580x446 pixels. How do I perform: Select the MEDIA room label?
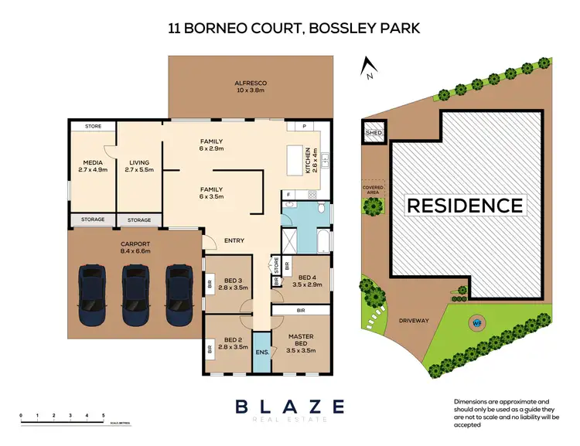[x=93, y=166]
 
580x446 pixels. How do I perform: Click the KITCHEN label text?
[x=309, y=159]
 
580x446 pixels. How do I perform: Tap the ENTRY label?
[x=234, y=240]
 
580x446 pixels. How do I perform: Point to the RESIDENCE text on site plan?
[x=465, y=206]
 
